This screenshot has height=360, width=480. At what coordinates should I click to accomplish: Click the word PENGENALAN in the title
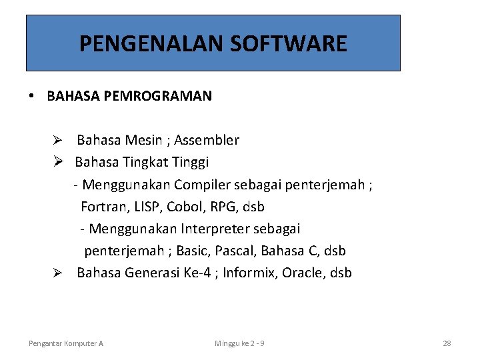pyautogui.click(x=151, y=44)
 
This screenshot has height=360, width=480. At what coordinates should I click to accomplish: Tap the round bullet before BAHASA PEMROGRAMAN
pyautogui.click(x=31, y=96)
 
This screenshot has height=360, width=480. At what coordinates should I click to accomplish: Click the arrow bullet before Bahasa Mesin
pyautogui.click(x=58, y=141)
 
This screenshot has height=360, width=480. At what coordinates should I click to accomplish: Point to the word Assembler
pyautogui.click(x=207, y=140)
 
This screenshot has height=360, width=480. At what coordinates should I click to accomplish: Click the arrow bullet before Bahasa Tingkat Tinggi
pyautogui.click(x=58, y=162)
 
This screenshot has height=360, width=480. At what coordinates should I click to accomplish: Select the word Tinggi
pyautogui.click(x=191, y=162)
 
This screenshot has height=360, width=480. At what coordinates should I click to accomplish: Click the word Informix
pyautogui.click(x=250, y=273)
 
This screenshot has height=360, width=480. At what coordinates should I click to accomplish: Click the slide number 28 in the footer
pyautogui.click(x=447, y=343)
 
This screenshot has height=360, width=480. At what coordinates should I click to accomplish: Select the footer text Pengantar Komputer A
pyautogui.click(x=66, y=343)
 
